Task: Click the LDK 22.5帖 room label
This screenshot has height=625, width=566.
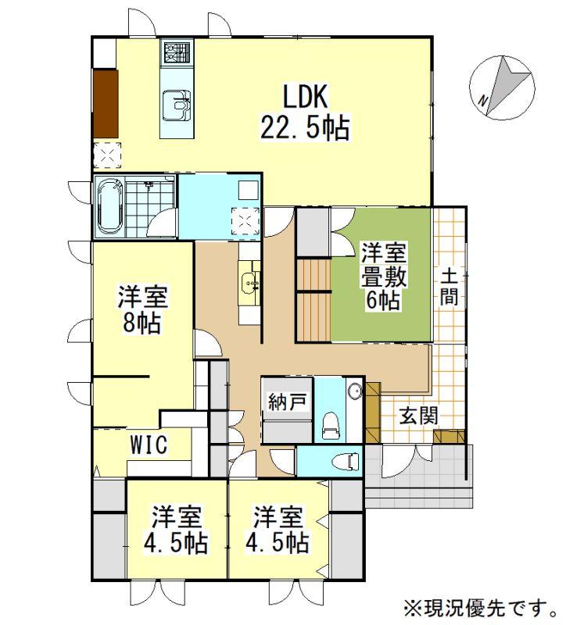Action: click(x=306, y=112)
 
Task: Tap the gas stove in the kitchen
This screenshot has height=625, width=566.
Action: click(x=177, y=52)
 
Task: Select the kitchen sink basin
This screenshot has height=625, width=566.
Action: click(x=177, y=105)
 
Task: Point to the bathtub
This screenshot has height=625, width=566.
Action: click(x=109, y=207)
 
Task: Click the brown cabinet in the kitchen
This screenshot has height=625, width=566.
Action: click(x=106, y=104)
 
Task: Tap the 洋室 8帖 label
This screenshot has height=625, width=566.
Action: click(x=142, y=309)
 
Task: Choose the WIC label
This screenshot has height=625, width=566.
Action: click(x=149, y=445)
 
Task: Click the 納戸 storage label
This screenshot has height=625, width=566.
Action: click(x=288, y=402)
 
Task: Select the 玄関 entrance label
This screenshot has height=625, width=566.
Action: click(x=419, y=416)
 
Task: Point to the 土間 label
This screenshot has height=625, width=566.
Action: click(x=450, y=287)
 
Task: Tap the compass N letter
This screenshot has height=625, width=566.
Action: click(x=483, y=102)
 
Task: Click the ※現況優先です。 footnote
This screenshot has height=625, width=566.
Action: click(x=481, y=609)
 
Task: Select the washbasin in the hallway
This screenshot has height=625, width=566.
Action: click(x=249, y=283)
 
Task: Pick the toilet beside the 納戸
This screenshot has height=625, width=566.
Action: click(x=330, y=427)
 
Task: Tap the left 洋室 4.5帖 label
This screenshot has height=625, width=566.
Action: click(x=176, y=530)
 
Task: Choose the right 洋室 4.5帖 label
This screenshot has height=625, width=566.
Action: click(x=278, y=530)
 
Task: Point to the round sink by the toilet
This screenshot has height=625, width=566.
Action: click(x=355, y=391)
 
